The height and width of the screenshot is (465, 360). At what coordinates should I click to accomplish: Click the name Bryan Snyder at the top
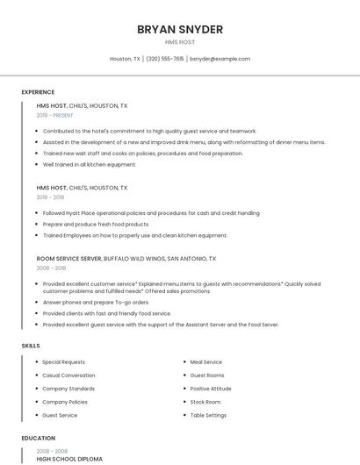[180, 29]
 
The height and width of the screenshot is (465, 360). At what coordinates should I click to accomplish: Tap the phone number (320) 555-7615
[165, 59]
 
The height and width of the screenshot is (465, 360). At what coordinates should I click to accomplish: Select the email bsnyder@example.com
[220, 59]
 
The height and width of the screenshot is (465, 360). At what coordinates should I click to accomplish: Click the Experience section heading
[38, 92]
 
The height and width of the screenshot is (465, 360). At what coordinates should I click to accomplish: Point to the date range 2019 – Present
[55, 115]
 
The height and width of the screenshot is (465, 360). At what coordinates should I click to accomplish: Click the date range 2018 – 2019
[50, 197]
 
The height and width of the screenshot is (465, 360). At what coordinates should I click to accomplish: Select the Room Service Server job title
[68, 259]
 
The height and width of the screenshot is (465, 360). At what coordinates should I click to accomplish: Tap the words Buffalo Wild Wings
[133, 259]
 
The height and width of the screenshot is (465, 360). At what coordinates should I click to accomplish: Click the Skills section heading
[31, 346]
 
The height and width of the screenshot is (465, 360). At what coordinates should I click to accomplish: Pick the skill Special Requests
[64, 361]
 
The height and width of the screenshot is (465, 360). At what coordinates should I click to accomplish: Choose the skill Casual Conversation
[68, 375]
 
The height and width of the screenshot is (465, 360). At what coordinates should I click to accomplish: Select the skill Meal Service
[206, 361]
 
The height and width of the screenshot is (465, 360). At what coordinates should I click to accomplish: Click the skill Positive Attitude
[211, 389]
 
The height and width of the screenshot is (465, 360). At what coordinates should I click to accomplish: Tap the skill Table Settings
[208, 415]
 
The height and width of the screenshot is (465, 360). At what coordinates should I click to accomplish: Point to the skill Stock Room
[205, 402]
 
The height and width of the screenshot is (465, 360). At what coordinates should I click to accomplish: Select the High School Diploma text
[69, 459]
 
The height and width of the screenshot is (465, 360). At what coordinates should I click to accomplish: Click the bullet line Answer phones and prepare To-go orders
[96, 302]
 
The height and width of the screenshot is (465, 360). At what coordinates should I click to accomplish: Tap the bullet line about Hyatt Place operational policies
[150, 212]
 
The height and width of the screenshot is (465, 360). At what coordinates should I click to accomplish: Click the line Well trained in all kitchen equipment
[90, 164]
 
